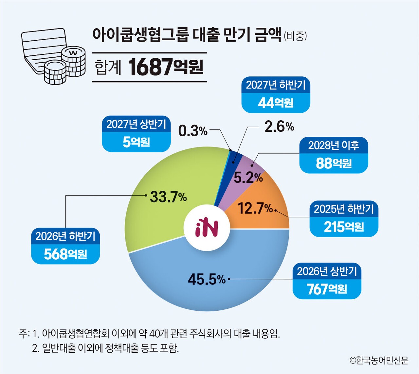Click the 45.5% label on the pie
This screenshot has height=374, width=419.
point(207,279)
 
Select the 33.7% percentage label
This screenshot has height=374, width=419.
point(168,197)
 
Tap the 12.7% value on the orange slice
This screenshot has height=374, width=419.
point(255,208)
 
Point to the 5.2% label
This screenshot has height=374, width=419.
point(248,178)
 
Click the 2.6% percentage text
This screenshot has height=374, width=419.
point(279,127)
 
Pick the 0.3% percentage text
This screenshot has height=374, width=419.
point(193,131)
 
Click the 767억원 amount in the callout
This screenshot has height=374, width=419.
point(327,289)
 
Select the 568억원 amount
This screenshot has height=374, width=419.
point(65,254)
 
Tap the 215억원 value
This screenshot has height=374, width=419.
point(344,226)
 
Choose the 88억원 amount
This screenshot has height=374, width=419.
point(334,163)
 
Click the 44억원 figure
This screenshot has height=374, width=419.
point(276,103)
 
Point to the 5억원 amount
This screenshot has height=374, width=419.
point(136,142)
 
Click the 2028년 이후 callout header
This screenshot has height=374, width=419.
point(334,145)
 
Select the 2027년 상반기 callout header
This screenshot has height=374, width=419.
point(136,124)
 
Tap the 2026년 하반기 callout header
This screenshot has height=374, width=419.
point(65,236)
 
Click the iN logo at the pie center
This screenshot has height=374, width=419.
point(207,227)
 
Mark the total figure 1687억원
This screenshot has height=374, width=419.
point(166,67)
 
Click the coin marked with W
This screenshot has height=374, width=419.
point(74,52)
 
